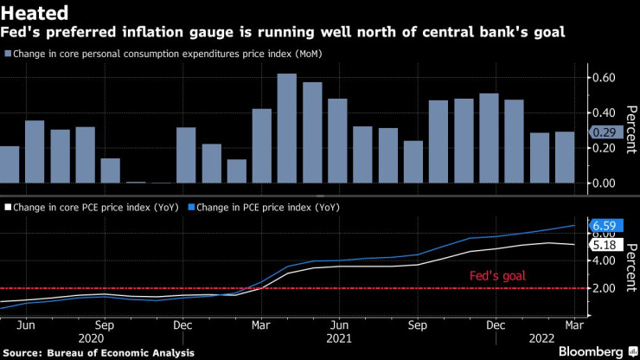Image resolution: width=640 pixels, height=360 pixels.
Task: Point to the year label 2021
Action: click(x=340, y=339)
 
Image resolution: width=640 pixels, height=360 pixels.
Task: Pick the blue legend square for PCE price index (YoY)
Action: click(x=194, y=208)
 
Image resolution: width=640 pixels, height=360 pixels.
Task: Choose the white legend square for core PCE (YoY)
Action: click(x=7, y=208)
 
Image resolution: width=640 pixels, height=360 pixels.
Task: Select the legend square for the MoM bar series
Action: click(x=7, y=54)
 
